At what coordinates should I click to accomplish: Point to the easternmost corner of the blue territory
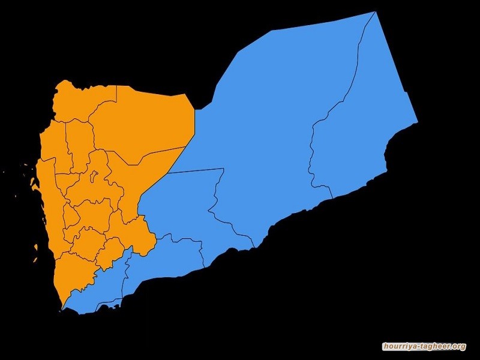(417, 122)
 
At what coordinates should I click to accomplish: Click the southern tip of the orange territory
(62, 309)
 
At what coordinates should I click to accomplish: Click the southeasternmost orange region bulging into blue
(142, 234)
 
